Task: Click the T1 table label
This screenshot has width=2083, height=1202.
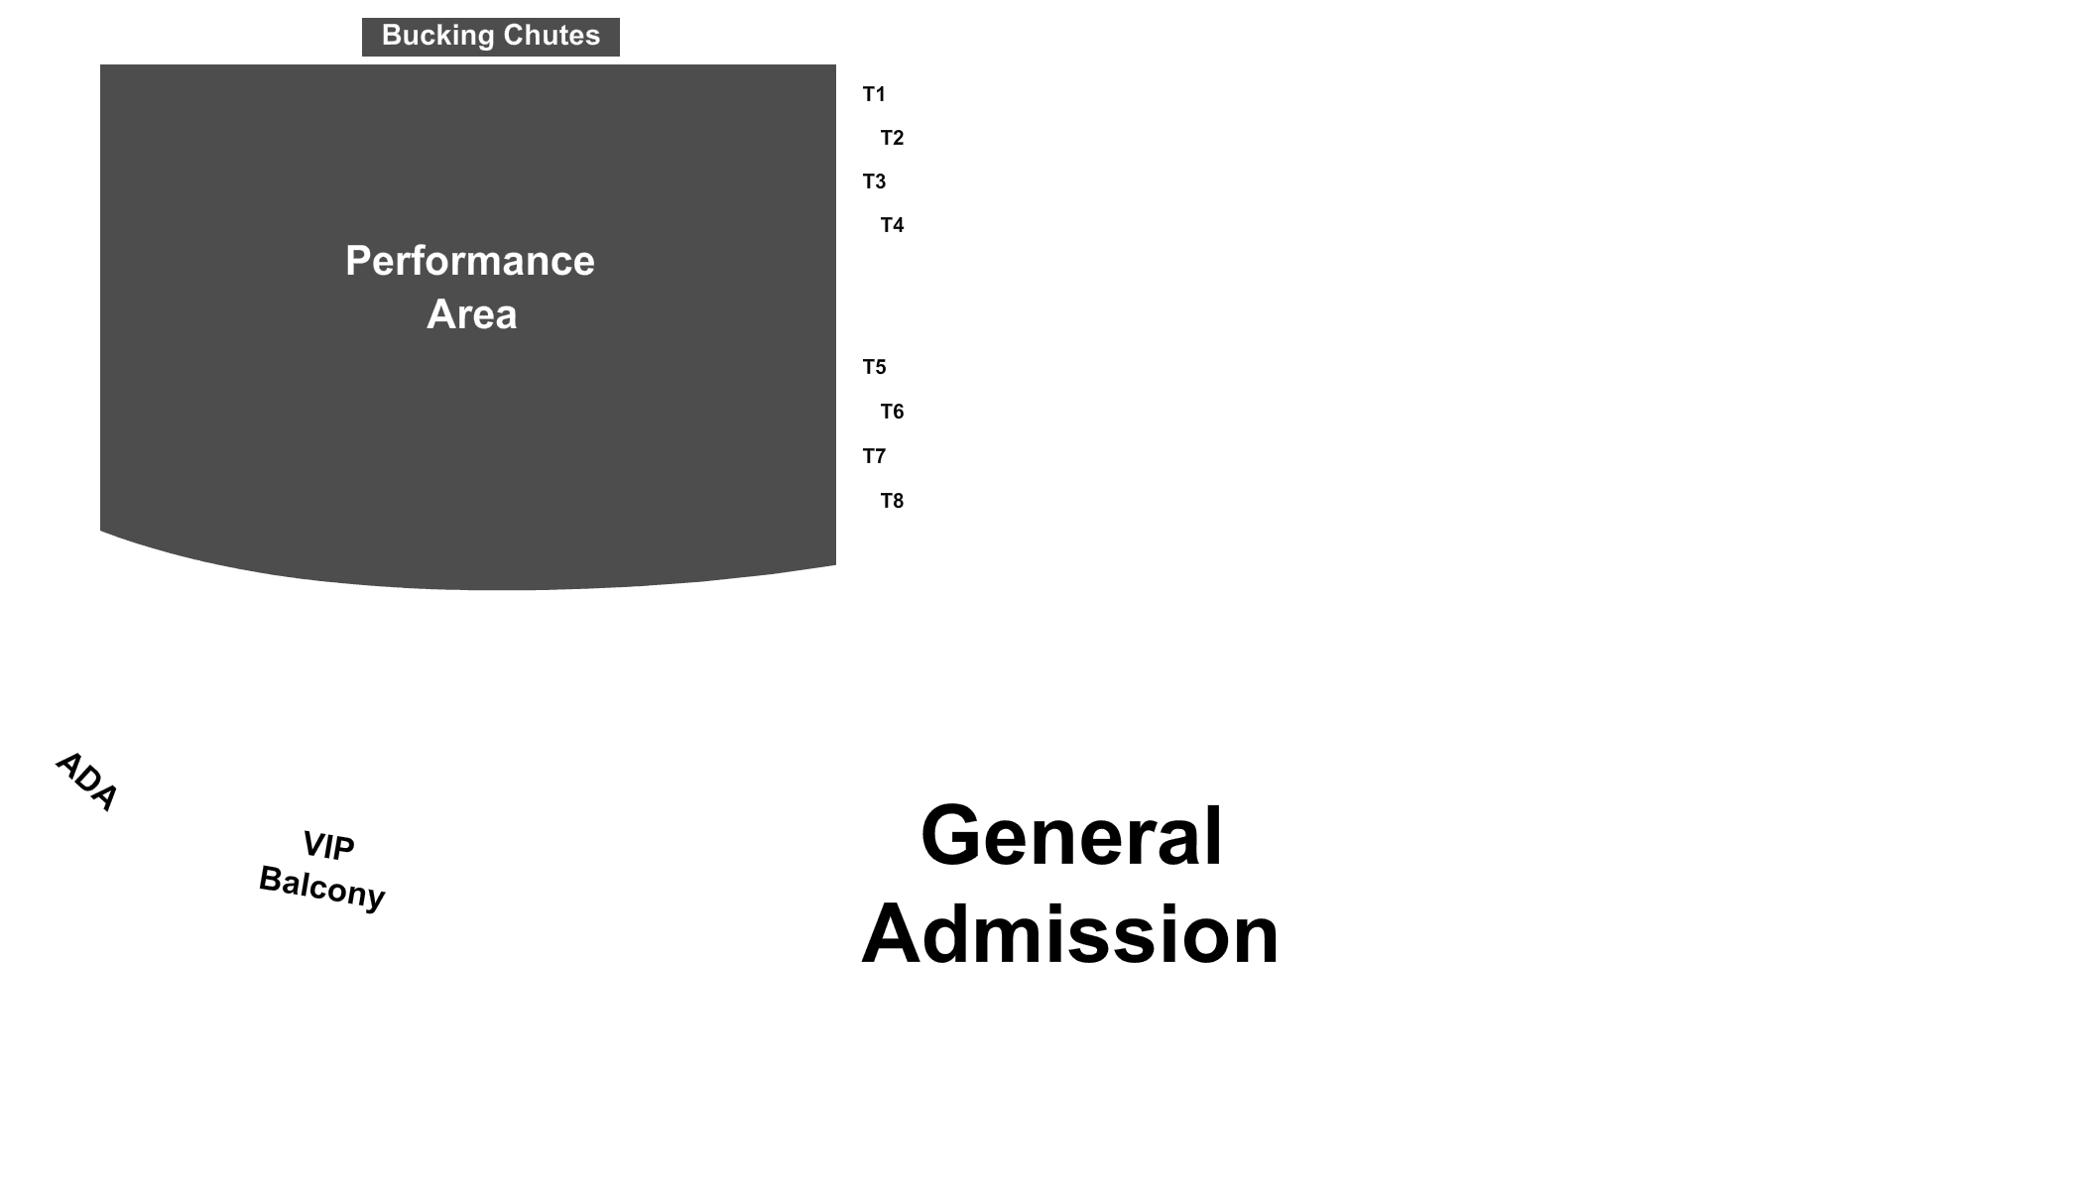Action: coord(874,94)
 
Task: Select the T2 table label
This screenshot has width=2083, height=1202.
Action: coord(892,138)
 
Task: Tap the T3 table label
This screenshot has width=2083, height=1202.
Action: coord(874,181)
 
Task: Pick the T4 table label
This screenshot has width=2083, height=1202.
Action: coord(892,225)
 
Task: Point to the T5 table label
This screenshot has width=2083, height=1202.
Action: coord(874,367)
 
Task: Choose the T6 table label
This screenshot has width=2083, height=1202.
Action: coord(892,412)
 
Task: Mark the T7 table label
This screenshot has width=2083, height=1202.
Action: coord(874,456)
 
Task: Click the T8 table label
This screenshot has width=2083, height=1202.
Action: coord(892,501)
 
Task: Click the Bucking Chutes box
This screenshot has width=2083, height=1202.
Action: coord(491,37)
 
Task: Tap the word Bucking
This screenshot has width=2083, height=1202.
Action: coord(437,36)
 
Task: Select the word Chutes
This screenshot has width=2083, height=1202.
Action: coord(551,35)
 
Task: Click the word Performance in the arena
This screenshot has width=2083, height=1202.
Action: coord(470,261)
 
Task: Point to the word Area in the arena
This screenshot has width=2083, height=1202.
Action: coord(472,314)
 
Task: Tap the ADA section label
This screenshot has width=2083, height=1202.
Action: coord(86,781)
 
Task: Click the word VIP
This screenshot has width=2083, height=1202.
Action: coord(328,846)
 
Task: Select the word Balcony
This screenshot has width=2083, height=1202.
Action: coord(321,888)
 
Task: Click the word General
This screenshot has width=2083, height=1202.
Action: coord(1071,836)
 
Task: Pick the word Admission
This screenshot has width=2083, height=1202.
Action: coord(1070,934)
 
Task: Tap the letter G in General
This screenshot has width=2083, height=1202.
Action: coord(953,836)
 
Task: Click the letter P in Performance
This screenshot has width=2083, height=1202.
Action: coord(358,261)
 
